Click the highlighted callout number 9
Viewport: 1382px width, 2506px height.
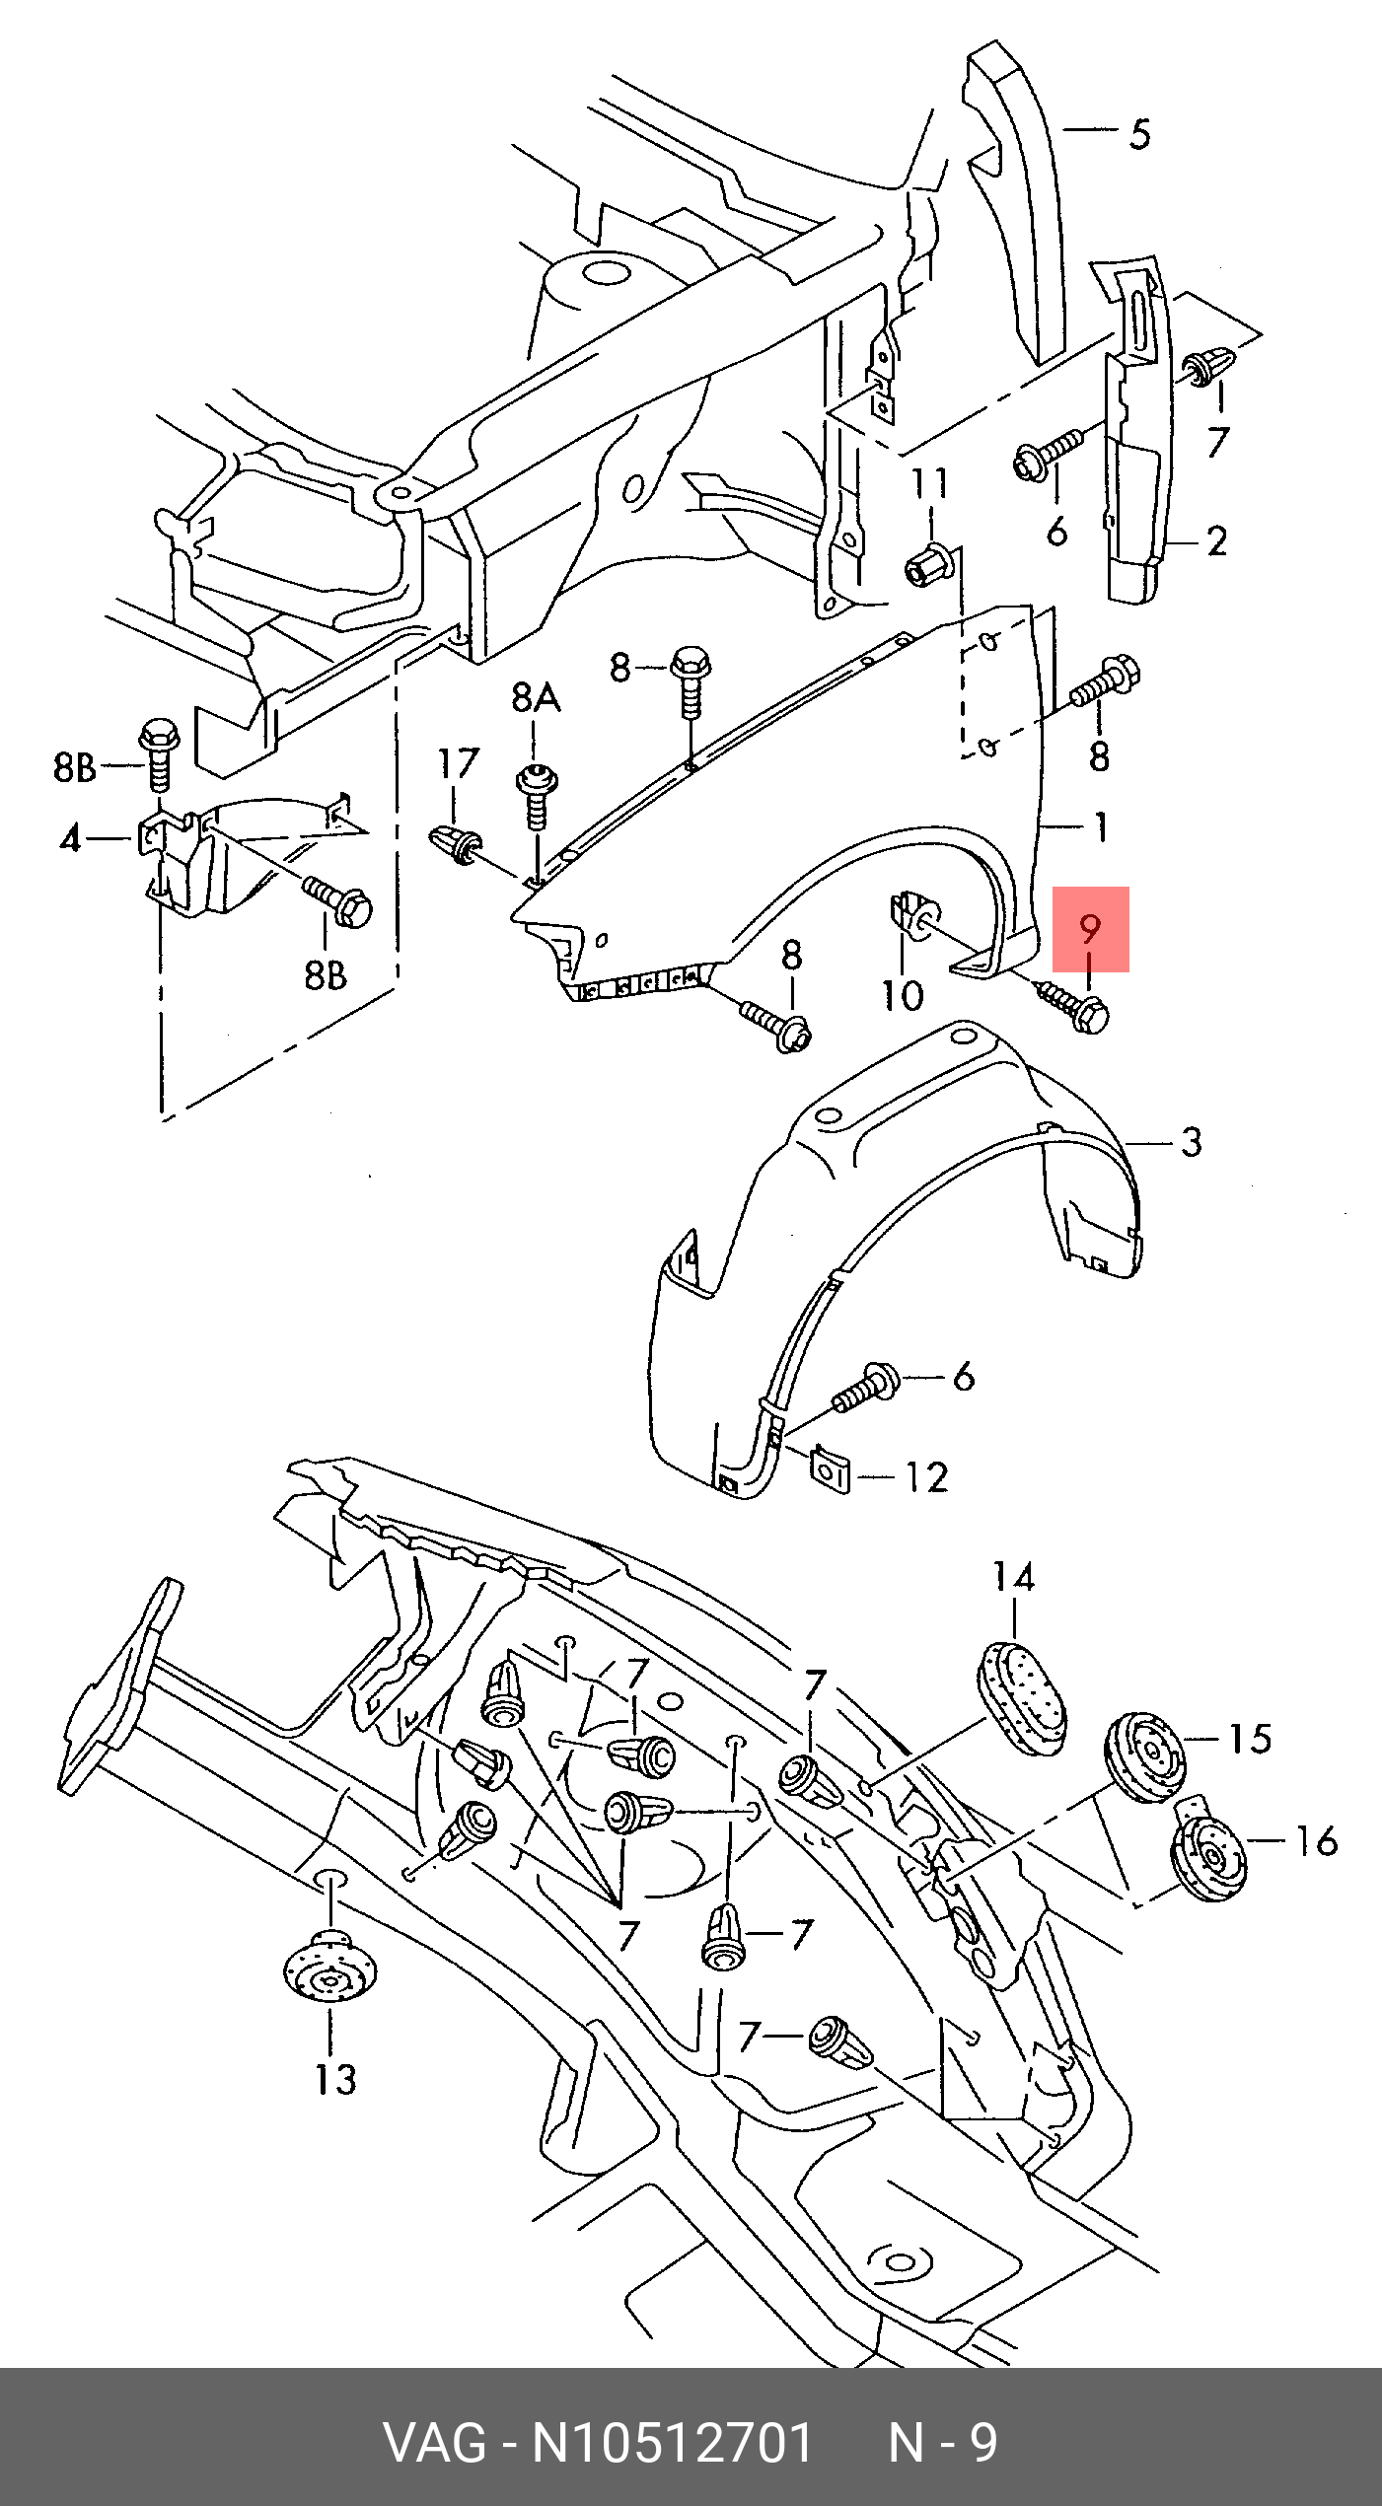coord(1089,928)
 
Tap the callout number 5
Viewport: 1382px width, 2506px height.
coord(1140,134)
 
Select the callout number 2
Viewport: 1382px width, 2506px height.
coord(1217,540)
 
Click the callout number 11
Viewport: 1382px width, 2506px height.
coord(929,483)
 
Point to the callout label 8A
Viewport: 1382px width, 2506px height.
coord(536,698)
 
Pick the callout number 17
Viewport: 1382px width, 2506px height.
coord(459,763)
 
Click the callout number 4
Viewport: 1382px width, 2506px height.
coord(70,839)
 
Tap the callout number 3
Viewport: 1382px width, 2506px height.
coord(1192,1142)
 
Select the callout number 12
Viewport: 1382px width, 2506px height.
coord(927,1477)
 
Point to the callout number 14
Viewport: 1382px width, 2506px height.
coord(1014,1578)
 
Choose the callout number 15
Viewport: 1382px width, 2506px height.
coord(1250,1739)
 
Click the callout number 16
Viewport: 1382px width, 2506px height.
coord(1317,1841)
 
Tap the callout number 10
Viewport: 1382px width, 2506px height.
coord(903,996)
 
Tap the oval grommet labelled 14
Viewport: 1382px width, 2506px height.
coord(1022,1698)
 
